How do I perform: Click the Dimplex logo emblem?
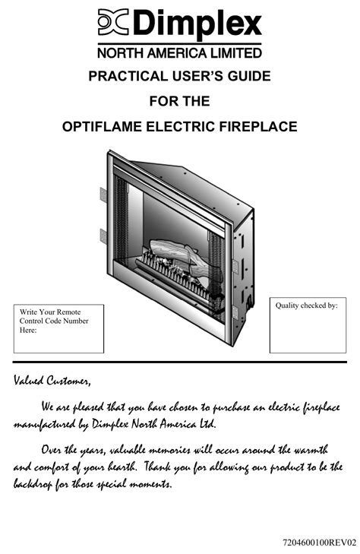[113, 22]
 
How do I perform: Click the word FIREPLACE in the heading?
[258, 126]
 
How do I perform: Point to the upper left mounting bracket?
[103, 195]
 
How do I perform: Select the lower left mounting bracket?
[103, 236]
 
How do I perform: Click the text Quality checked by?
[306, 305]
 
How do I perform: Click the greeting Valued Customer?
[52, 381]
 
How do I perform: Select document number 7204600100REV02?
[320, 542]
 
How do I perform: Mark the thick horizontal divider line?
[180, 362]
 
